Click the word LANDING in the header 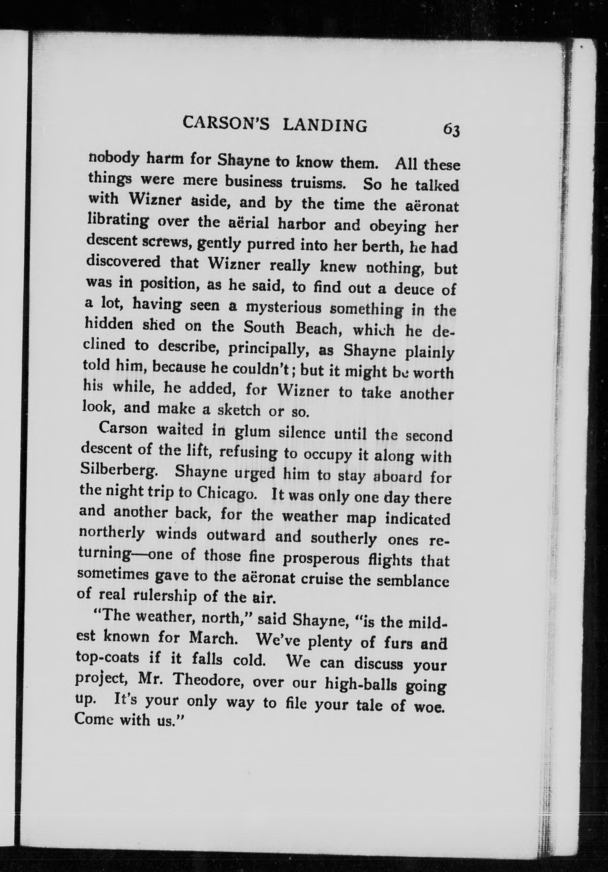(325, 125)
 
